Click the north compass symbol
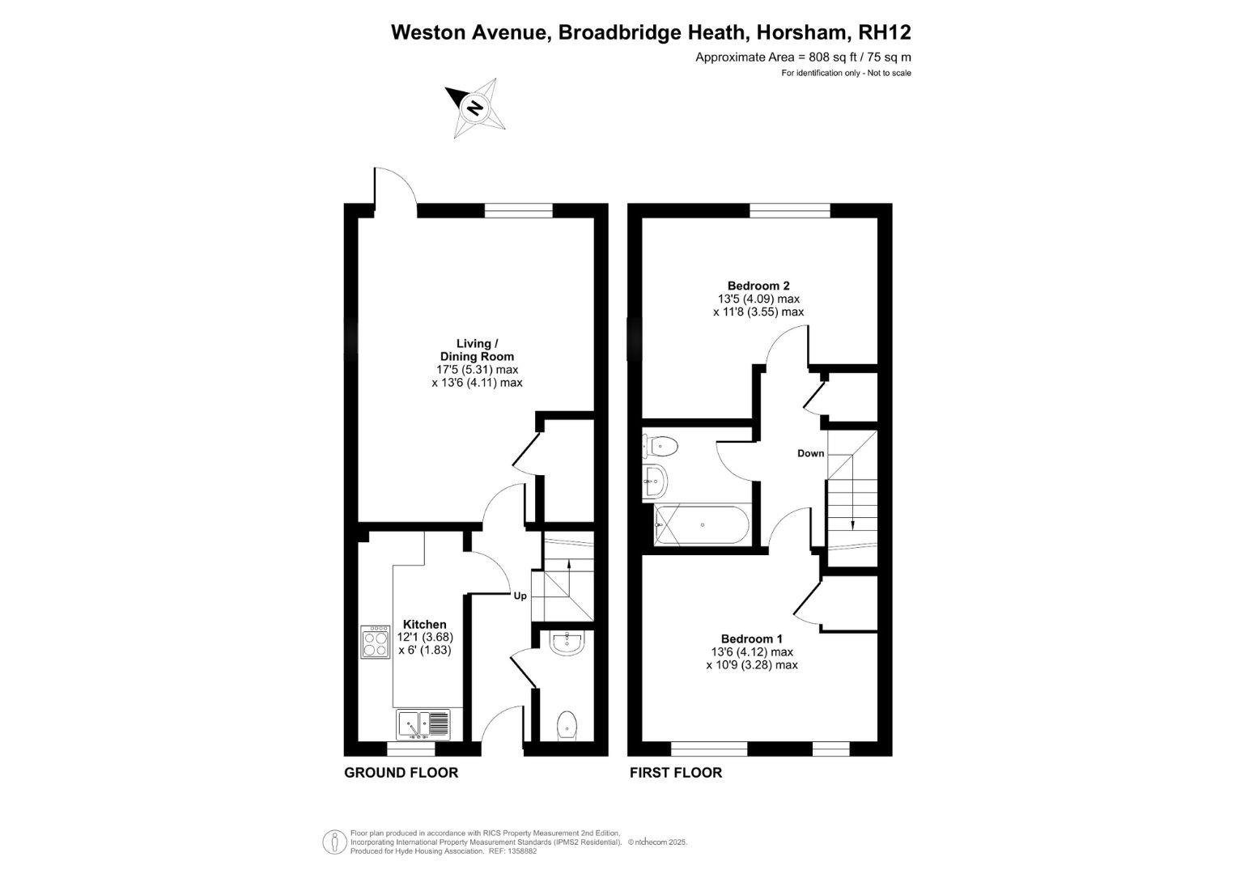click(x=475, y=107)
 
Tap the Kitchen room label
click(x=425, y=624)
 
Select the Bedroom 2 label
click(x=758, y=285)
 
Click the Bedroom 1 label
click(x=752, y=639)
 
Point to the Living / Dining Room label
click(x=477, y=350)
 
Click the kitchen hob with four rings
click(x=375, y=641)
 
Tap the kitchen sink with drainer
click(x=423, y=724)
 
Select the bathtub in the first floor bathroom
click(x=701, y=525)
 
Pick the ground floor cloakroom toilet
click(x=567, y=724)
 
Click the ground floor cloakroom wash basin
click(x=567, y=643)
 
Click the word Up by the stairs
click(x=520, y=596)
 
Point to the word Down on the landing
click(x=810, y=453)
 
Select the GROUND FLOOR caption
click(x=401, y=772)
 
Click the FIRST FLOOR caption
click(x=676, y=772)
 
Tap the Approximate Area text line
click(x=803, y=57)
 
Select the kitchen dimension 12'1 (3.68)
click(x=425, y=637)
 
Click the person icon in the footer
click(x=333, y=842)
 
